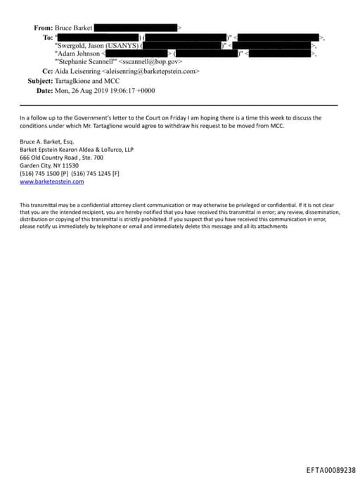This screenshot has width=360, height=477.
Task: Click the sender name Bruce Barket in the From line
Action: click(74, 27)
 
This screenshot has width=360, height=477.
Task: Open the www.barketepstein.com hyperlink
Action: click(51, 181)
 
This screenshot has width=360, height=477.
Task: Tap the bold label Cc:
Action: click(48, 72)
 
